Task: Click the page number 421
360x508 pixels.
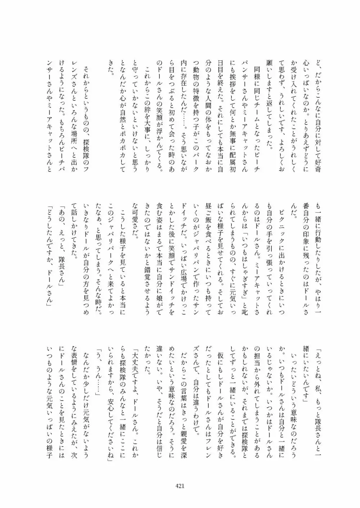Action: [180, 485]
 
